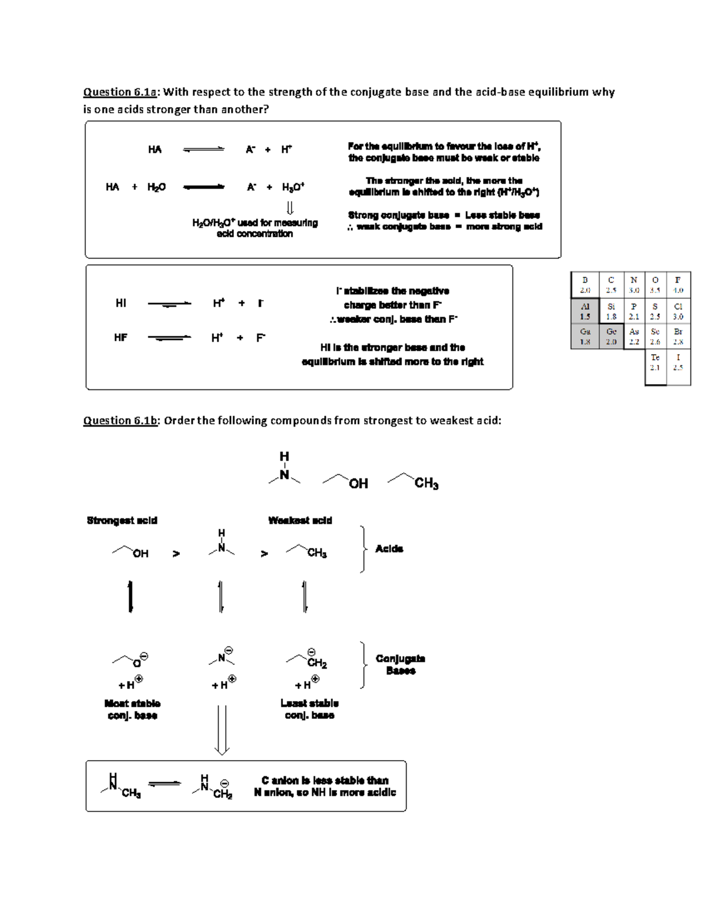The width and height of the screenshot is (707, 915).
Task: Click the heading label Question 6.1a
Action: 121,92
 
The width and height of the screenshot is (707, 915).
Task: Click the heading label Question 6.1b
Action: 121,421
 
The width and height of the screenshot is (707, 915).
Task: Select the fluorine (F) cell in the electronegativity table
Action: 678,285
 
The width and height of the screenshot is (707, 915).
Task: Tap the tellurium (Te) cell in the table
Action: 655,362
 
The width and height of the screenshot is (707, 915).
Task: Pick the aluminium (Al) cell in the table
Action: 585,311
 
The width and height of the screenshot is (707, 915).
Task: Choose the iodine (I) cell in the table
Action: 678,362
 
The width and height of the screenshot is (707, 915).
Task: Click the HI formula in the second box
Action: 121,303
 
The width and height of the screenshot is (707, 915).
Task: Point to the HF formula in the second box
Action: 121,338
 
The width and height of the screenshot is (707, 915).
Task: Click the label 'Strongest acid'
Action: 122,520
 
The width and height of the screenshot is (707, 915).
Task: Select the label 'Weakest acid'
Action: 300,520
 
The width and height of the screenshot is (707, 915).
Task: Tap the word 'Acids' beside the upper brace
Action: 389,549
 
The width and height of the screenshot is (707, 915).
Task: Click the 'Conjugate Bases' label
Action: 401,664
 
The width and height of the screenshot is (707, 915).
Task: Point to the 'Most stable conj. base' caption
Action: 133,709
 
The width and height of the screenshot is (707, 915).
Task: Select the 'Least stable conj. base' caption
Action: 309,709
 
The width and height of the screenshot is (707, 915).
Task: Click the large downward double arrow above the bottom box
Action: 222,730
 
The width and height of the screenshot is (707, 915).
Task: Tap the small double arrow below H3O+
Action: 290,208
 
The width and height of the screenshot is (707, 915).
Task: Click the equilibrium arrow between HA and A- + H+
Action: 204,150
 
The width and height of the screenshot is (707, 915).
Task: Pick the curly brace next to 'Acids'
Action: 365,549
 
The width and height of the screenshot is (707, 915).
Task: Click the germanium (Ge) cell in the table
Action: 612,336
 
